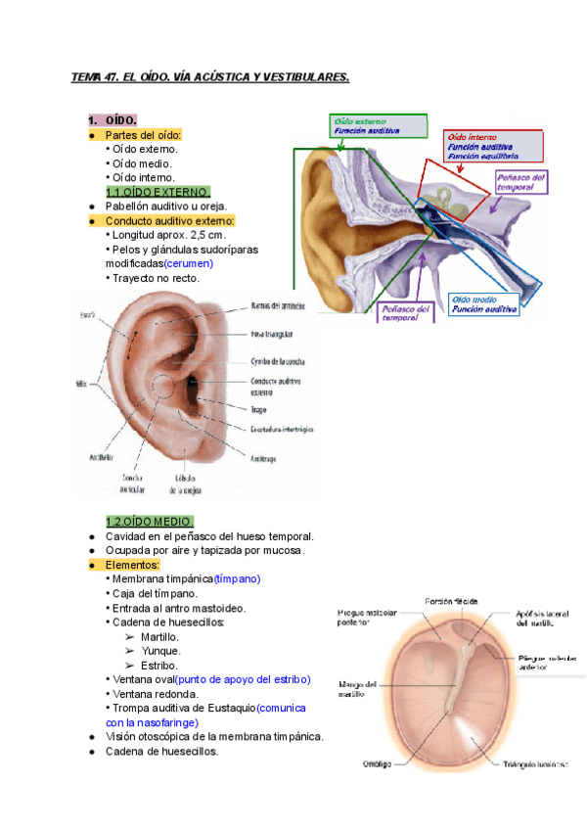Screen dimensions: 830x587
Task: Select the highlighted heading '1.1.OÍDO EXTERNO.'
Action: (x=158, y=192)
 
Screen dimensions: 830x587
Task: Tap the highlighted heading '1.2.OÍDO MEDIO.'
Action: (x=150, y=522)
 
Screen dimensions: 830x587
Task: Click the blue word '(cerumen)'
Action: (x=188, y=263)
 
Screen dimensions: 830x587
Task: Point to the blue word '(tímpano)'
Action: (x=237, y=578)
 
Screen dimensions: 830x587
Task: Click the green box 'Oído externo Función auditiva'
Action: (x=378, y=126)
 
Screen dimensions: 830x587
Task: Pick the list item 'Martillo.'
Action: (x=159, y=636)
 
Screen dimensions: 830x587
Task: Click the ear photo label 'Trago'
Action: (x=259, y=410)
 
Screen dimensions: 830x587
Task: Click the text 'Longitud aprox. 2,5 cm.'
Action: (x=168, y=235)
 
